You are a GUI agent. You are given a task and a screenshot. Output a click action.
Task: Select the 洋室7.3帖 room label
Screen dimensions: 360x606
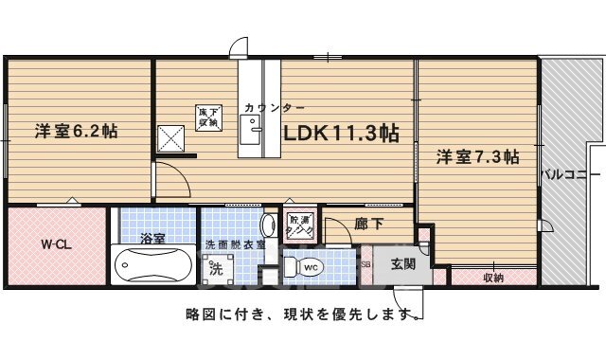point(476,157)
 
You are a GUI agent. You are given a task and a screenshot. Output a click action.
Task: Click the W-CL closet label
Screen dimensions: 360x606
point(54,243)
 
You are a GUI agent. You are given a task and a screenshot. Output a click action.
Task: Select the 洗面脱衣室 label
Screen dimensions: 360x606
point(236,244)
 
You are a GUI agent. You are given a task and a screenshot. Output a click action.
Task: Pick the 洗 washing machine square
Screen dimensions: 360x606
point(215,267)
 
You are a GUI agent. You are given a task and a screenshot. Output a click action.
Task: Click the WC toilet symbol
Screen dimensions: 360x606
point(310,268)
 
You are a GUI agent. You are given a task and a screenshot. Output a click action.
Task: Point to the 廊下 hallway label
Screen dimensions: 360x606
point(368,225)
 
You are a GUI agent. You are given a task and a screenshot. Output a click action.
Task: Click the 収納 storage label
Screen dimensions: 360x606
point(492,278)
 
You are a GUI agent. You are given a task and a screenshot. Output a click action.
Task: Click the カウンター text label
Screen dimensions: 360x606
point(274,107)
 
